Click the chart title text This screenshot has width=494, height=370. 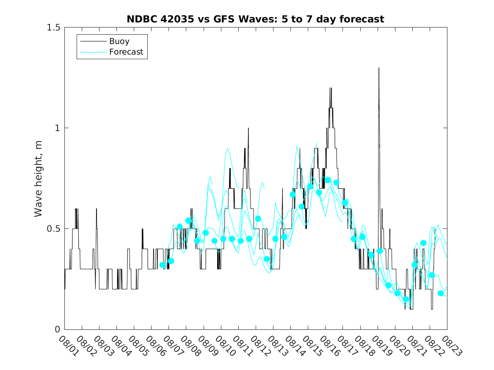[255, 19]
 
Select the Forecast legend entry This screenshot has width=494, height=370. [126, 52]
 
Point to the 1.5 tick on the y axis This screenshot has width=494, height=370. [53, 27]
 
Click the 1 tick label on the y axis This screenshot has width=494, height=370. [57, 128]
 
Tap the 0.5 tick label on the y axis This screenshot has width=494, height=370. [53, 229]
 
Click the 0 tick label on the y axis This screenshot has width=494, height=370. [57, 329]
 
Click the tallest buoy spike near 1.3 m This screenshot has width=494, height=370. [379, 68]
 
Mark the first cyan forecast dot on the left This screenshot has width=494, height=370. [163, 265]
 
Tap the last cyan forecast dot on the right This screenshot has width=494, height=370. [441, 293]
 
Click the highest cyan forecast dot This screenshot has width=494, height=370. [328, 180]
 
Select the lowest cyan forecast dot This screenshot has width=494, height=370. [406, 299]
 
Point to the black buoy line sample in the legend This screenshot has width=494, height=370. [93, 41]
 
